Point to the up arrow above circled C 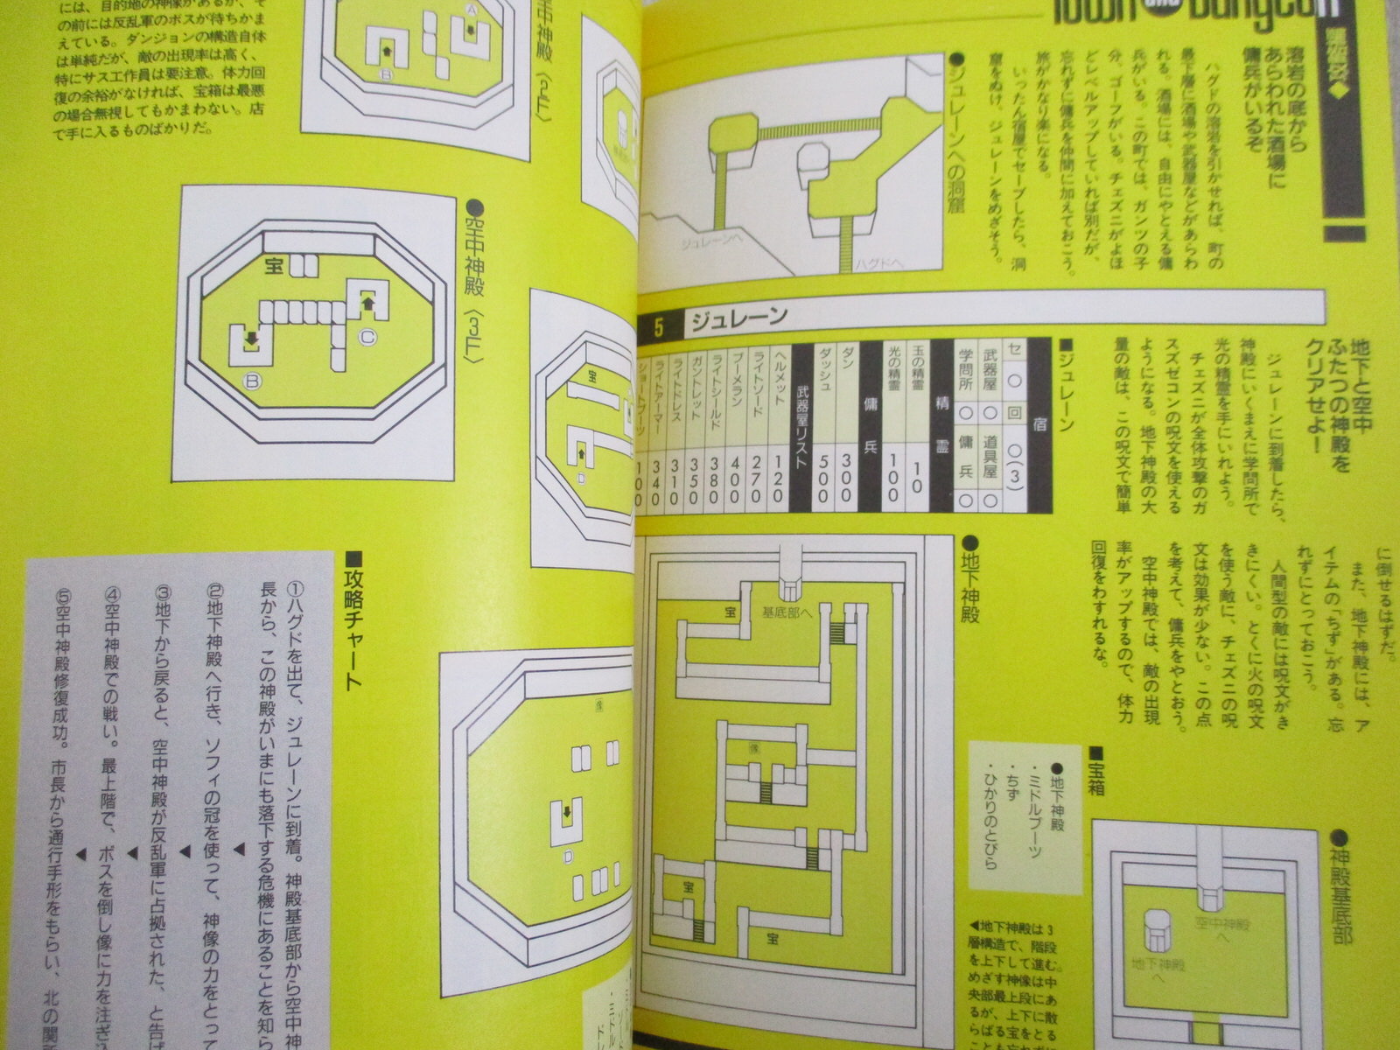pyautogui.click(x=367, y=303)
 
